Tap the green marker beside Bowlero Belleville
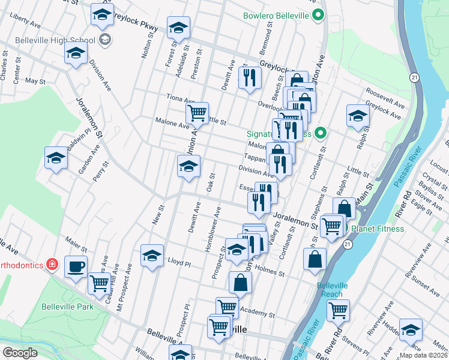[x=319, y=16]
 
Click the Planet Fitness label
[x=378, y=229]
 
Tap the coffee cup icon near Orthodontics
[x=76, y=266]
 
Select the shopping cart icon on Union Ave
[x=197, y=112]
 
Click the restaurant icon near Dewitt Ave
[x=249, y=77]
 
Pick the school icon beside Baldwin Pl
[x=56, y=158]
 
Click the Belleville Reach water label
[x=330, y=290]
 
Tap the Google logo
[x=19, y=353]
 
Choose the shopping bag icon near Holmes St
[x=315, y=259]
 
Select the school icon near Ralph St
[x=358, y=115]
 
